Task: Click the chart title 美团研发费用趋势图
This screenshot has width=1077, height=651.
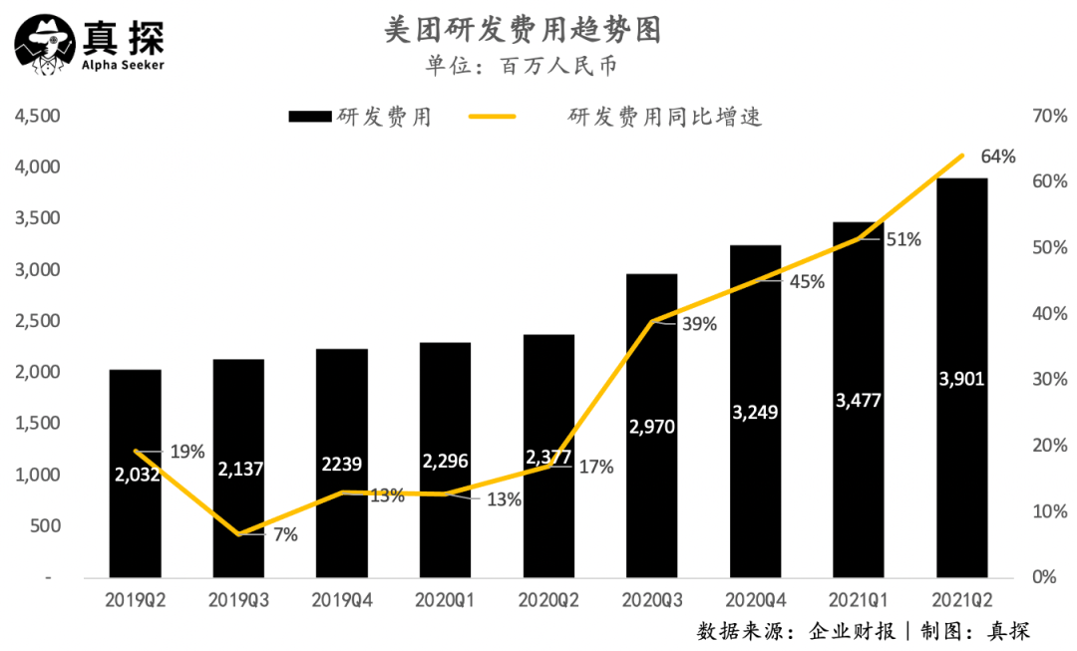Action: point(523,31)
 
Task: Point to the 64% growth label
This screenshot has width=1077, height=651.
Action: point(997,157)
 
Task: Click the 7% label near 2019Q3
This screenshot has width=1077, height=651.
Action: point(285,535)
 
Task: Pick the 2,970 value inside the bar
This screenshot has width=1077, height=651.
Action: point(651,427)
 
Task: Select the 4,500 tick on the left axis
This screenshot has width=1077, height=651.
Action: point(37,116)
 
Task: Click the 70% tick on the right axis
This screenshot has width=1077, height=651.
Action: point(1050,116)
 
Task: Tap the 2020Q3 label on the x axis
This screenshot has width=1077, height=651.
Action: point(651,601)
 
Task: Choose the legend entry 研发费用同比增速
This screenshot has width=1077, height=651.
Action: point(664,117)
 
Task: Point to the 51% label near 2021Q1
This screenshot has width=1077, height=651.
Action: point(904,239)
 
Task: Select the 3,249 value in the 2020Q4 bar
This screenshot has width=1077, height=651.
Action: point(755,413)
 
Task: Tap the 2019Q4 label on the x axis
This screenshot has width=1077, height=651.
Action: point(341,601)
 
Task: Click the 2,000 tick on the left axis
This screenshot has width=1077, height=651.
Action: point(37,372)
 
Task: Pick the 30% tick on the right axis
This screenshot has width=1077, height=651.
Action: point(1050,380)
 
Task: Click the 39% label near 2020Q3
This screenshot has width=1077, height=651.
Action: point(698,324)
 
